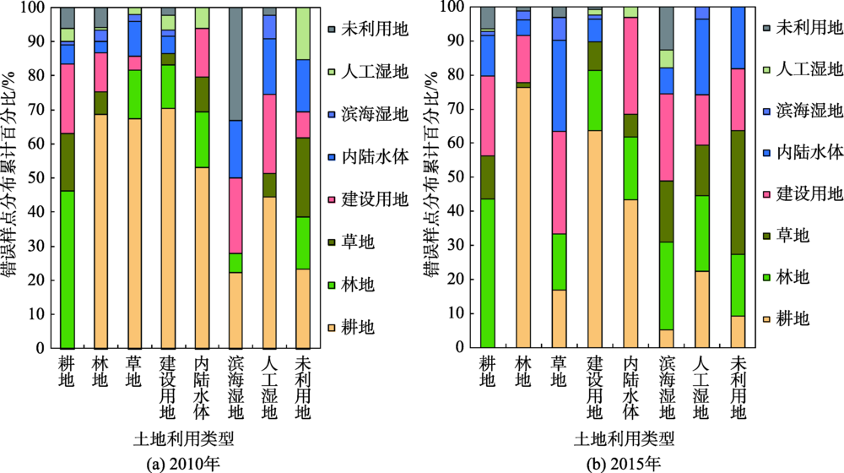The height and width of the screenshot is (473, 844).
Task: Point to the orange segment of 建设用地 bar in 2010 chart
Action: (170, 228)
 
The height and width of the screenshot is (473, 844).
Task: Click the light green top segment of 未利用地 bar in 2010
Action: (305, 34)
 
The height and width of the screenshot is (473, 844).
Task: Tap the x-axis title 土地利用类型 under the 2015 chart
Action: (625, 439)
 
